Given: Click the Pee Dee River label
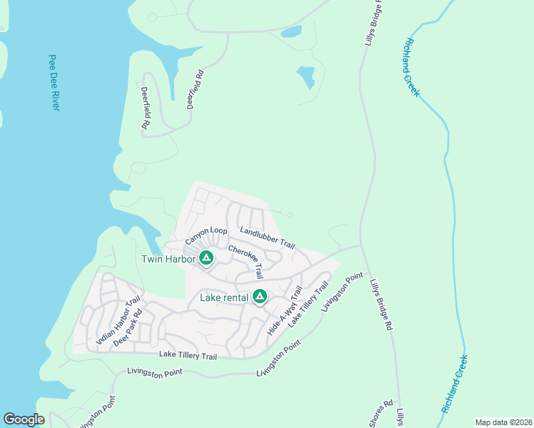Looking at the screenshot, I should click(x=53, y=82).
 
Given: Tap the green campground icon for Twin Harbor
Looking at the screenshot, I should click(x=206, y=258).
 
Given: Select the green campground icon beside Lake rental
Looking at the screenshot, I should click(x=260, y=296).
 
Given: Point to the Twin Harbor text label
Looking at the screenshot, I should click(x=168, y=259).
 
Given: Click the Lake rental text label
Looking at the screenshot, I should click(x=224, y=297).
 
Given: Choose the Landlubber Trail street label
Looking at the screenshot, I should click(x=268, y=238).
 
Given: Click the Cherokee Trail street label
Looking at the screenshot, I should click(x=246, y=262).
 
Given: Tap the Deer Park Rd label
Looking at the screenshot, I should click(x=128, y=327).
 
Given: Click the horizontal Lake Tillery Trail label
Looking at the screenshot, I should click(x=187, y=355).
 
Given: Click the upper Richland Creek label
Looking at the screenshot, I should click(x=413, y=68).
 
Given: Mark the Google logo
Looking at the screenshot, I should click(x=24, y=419).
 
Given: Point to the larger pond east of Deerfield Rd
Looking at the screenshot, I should click(x=306, y=76).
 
